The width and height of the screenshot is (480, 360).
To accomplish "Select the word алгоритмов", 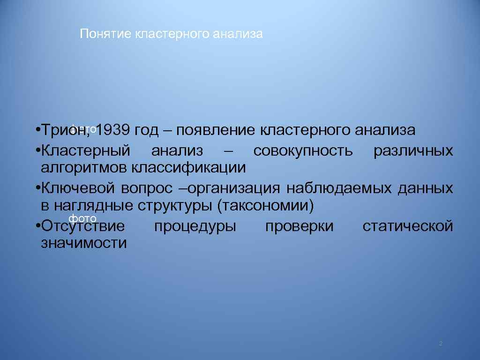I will [x=84, y=167].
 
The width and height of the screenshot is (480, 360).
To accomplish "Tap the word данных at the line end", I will [x=425, y=188].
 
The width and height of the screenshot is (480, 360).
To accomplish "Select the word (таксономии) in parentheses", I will [x=269, y=205].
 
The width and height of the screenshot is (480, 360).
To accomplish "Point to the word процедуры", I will [x=195, y=226].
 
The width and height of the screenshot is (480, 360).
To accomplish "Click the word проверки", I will [x=300, y=226].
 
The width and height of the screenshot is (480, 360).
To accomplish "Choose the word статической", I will [x=408, y=226].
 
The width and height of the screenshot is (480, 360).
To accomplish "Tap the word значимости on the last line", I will [x=84, y=243].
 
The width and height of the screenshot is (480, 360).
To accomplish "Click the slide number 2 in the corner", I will [x=441, y=344].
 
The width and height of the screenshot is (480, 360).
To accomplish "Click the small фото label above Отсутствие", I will [x=82, y=218].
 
